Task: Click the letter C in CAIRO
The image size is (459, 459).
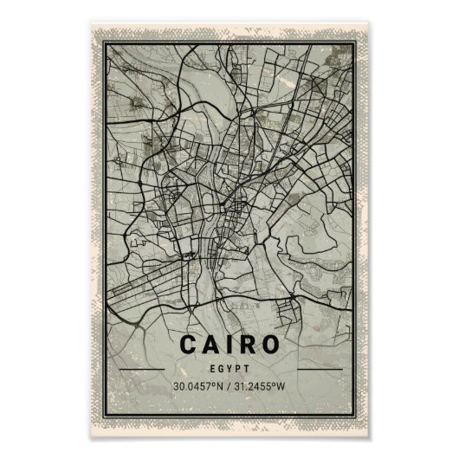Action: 190,343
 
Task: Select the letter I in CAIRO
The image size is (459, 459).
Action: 230,343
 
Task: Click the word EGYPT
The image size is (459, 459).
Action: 229,367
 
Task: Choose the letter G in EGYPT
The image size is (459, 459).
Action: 222,367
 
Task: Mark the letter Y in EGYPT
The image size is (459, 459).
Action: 229,367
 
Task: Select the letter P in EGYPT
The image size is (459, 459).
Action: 237,367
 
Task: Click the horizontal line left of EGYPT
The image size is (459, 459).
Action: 144,368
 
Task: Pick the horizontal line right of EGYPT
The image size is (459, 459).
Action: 315,368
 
